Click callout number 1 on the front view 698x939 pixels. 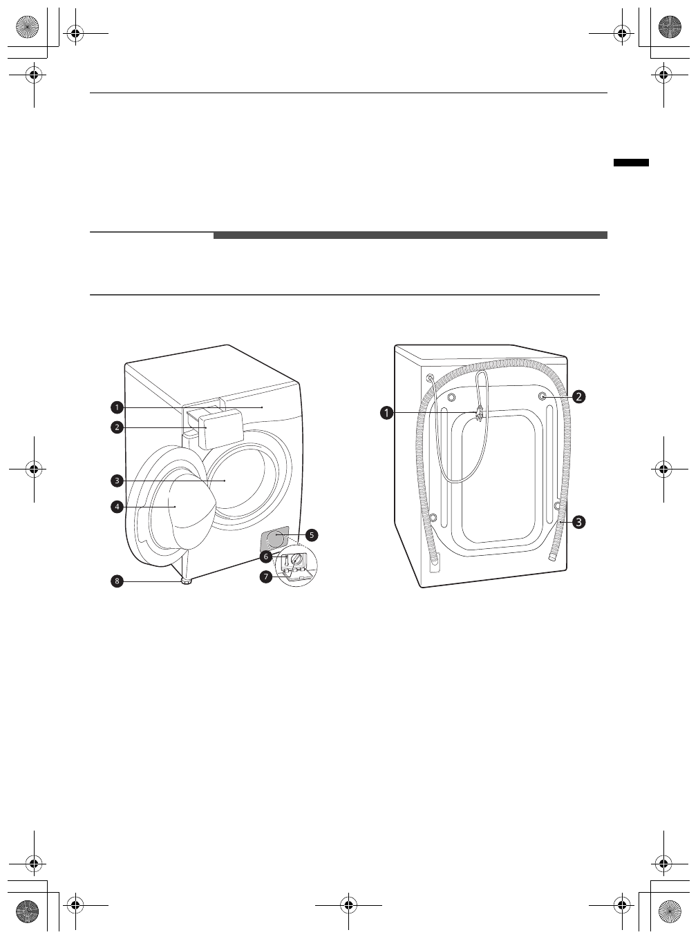pyautogui.click(x=117, y=407)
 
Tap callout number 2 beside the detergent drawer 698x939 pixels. pyautogui.click(x=117, y=427)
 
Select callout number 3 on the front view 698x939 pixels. pyautogui.click(x=117, y=480)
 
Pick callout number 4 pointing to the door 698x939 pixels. pyautogui.click(x=117, y=507)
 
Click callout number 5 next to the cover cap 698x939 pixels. pyautogui.click(x=312, y=535)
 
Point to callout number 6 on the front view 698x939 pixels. pyautogui.click(x=265, y=556)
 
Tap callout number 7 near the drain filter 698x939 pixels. pyautogui.click(x=265, y=577)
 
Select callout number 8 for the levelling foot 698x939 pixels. pyautogui.click(x=117, y=581)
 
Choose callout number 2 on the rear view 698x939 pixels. pyautogui.click(x=578, y=396)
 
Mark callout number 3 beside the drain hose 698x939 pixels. pyautogui.click(x=578, y=522)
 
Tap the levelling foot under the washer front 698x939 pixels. pyautogui.click(x=187, y=582)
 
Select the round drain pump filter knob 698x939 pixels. pyautogui.click(x=296, y=560)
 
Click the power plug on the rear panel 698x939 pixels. pyautogui.click(x=478, y=414)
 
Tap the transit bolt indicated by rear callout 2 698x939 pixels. pyautogui.click(x=543, y=396)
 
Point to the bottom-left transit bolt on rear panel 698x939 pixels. pyautogui.click(x=433, y=518)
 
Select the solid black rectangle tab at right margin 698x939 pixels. pyautogui.click(x=631, y=162)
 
